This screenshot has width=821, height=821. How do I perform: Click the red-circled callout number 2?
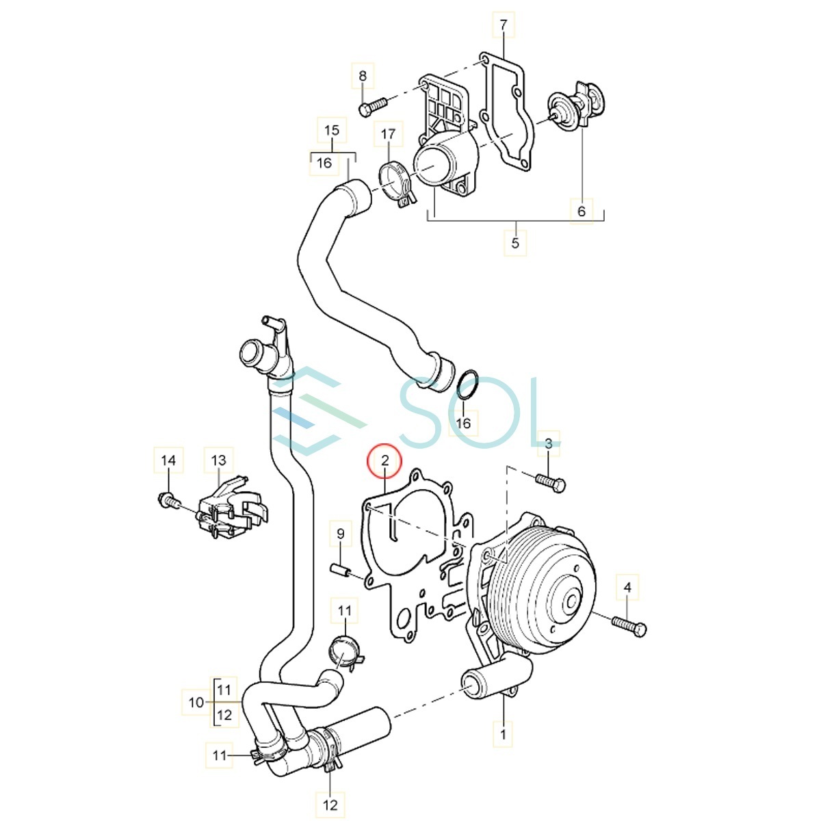coord(385,460)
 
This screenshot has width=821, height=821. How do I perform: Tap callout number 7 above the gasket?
coord(503,26)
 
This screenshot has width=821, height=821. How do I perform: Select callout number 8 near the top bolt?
coord(363,75)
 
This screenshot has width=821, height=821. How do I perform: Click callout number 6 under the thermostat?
coord(581,211)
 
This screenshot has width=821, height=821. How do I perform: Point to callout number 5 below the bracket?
coord(515,243)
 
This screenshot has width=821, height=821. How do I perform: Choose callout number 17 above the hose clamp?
coord(388,134)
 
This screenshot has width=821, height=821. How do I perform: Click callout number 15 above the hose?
coord(332,130)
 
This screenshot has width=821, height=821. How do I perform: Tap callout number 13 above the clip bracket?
coord(218,460)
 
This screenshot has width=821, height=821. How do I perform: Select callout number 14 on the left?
coord(168,460)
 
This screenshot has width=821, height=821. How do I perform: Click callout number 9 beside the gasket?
coord(340,533)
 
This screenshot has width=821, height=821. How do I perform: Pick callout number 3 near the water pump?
coord(548,444)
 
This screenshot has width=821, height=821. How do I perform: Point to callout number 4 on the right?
coord(627,586)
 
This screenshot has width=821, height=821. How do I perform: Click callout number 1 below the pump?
coord(503,734)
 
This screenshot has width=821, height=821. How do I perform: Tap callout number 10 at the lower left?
coord(196,702)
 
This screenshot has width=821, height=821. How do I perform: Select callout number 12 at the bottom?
coord(330,805)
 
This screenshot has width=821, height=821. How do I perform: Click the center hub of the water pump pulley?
coord(571,602)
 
